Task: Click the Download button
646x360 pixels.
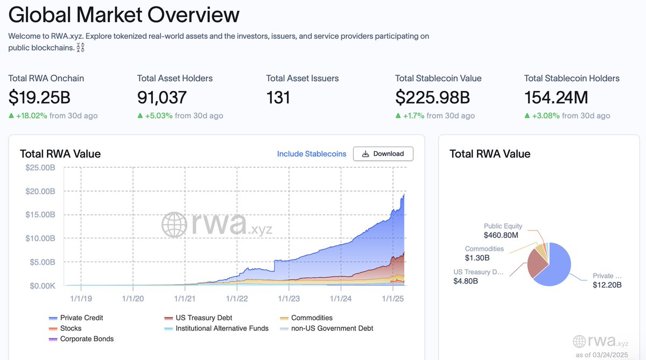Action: [x=383, y=154]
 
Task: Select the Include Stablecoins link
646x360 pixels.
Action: [x=312, y=154]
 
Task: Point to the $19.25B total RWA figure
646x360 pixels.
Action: [x=39, y=97]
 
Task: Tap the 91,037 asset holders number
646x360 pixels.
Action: [x=162, y=97]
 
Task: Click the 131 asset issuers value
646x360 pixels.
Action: [x=278, y=97]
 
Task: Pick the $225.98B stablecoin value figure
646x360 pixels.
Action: [x=432, y=97]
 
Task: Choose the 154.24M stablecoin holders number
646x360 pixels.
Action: [x=556, y=97]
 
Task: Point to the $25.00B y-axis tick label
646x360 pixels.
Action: [x=40, y=167]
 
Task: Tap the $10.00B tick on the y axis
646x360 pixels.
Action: [x=40, y=238]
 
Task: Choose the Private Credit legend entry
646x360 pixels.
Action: [x=81, y=318]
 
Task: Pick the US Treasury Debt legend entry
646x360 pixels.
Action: [x=203, y=318]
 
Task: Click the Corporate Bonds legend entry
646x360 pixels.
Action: [x=87, y=339]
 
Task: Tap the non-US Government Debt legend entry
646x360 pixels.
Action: [x=332, y=328]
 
